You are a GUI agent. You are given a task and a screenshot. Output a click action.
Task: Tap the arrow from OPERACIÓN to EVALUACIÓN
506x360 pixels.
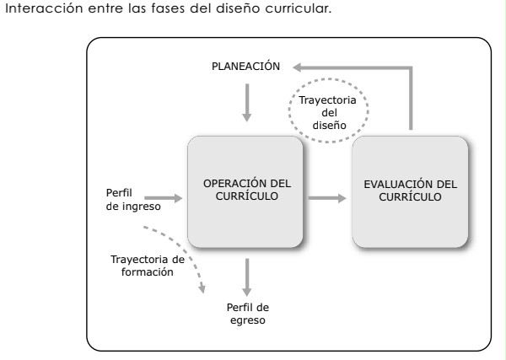pyautogui.click(x=327, y=199)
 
